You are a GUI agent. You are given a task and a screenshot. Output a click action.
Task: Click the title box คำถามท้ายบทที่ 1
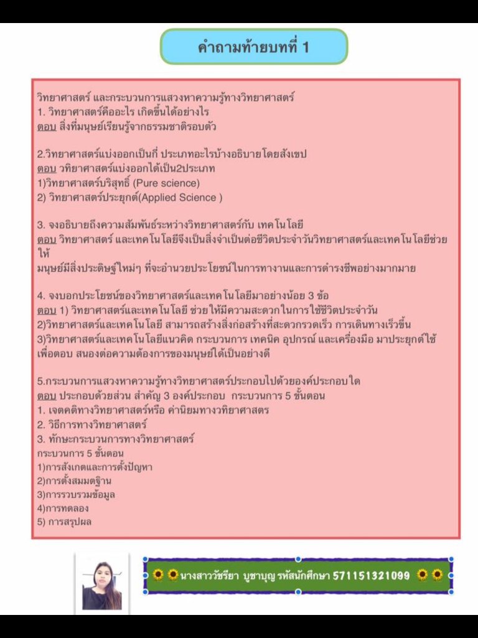[x=254, y=47]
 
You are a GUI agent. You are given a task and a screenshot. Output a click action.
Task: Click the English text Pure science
[x=167, y=183]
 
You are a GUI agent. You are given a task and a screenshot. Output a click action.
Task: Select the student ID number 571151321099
[x=372, y=575]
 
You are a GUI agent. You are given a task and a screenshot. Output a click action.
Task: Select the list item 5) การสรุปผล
[x=64, y=521]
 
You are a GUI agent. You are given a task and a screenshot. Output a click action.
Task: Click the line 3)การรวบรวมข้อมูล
[x=76, y=494]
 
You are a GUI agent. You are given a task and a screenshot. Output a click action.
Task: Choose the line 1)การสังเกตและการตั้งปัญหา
[x=95, y=467]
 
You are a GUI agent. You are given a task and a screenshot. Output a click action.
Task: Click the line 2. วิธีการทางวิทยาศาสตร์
[x=96, y=424]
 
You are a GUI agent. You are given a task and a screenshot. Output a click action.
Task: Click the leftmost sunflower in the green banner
[x=158, y=574]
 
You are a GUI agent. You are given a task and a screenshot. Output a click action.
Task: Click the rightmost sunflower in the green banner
[x=438, y=574]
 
